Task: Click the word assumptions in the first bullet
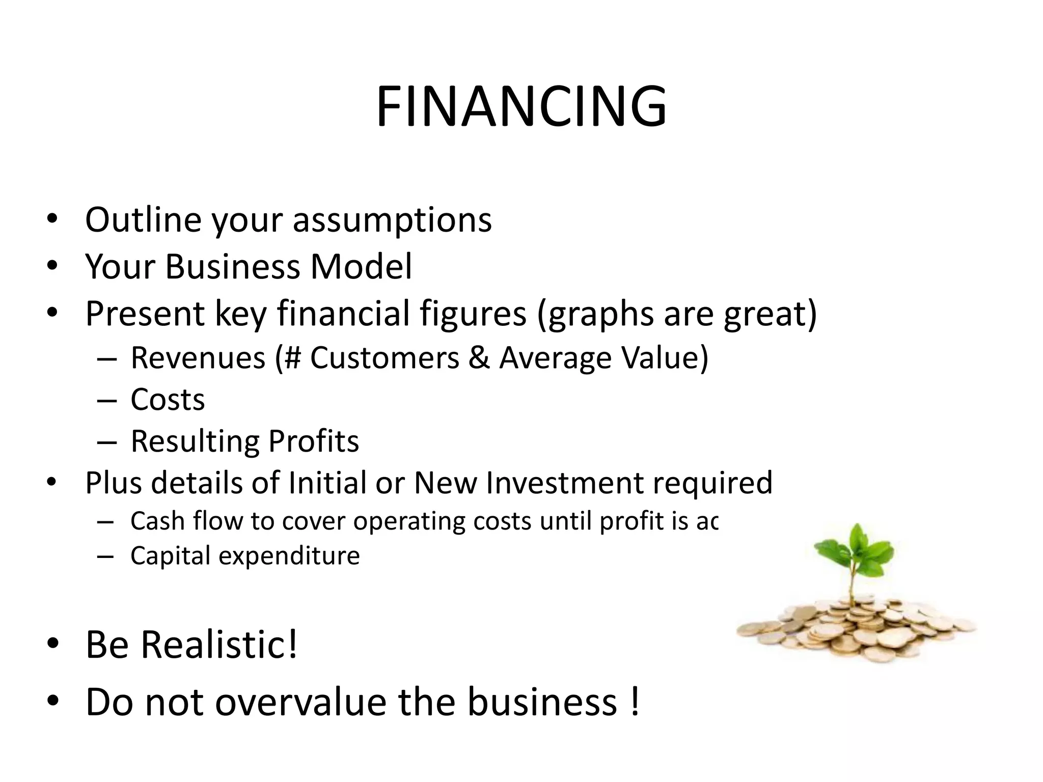392,220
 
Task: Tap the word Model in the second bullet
361,266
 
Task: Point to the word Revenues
198,357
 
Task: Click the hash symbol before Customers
294,357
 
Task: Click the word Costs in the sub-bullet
168,400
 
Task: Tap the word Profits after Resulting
313,441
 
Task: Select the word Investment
565,483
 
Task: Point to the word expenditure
289,555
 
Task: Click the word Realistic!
219,645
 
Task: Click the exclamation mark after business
634,702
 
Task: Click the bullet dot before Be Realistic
52,644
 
